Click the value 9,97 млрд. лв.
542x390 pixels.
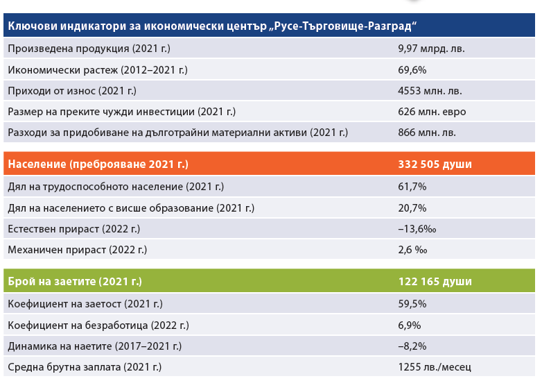coord(431,49)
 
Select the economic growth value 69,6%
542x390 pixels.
coord(412,70)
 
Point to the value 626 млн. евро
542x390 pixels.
coord(432,112)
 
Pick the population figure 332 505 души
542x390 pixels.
coord(435,164)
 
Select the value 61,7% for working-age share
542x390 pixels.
coord(412,187)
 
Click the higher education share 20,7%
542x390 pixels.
coord(412,207)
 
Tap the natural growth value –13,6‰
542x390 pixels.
coord(416,228)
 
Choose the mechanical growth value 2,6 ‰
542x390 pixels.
coord(412,249)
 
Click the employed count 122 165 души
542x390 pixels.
coord(435,282)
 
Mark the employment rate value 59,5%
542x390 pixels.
coord(412,304)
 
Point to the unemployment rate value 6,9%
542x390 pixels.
coord(410,325)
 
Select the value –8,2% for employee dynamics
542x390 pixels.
coord(412,346)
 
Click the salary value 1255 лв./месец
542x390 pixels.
coord(435,366)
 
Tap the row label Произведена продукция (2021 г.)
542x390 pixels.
coord(89,49)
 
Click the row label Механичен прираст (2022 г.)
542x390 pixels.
coord(77,249)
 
